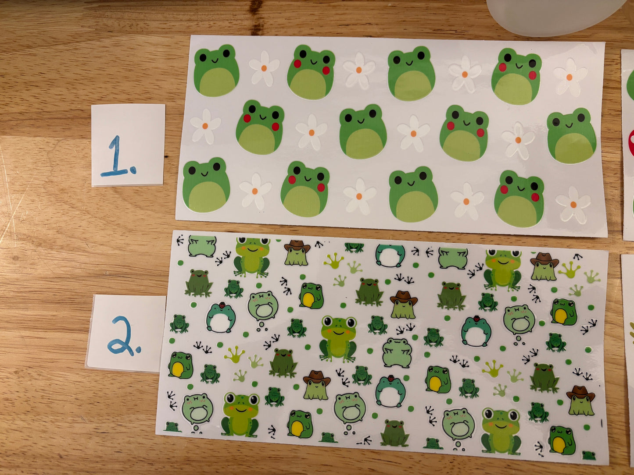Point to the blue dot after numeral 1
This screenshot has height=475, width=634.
[133, 171]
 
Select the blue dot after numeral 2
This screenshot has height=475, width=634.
[139, 349]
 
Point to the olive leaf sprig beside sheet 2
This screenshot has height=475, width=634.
[632, 334]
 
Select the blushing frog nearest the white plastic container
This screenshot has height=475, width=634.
[516, 76]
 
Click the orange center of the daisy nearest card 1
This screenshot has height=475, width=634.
[205, 126]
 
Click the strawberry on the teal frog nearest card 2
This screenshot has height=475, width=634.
[222, 305]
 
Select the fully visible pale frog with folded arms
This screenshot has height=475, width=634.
[397, 353]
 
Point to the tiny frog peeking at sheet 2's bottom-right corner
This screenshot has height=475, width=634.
[589, 455]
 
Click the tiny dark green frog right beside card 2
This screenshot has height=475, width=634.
[179, 323]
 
